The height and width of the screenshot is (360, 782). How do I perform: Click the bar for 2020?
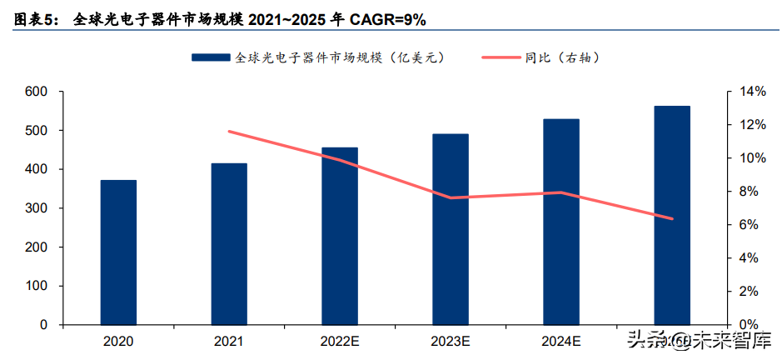[x=118, y=252]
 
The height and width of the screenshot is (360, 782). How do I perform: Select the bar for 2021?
[x=229, y=243]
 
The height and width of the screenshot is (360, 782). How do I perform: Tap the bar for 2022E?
[x=340, y=236]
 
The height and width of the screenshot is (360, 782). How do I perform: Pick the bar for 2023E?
[x=451, y=228]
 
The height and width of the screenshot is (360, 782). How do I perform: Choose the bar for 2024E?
[x=561, y=221]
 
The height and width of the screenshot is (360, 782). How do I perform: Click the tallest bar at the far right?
[x=672, y=215]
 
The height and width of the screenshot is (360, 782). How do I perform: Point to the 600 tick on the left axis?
[x=37, y=92]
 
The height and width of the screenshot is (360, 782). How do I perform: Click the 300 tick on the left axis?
[x=37, y=208]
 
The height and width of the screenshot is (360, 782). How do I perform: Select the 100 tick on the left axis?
[x=37, y=286]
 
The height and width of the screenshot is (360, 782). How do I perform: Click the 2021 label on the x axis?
[x=229, y=341]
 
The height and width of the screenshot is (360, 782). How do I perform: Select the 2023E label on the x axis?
[x=451, y=341]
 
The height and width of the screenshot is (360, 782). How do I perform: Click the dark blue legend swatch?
[x=210, y=57]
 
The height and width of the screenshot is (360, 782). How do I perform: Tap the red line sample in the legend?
[x=500, y=57]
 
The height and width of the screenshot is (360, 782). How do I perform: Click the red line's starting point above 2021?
[x=229, y=132]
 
